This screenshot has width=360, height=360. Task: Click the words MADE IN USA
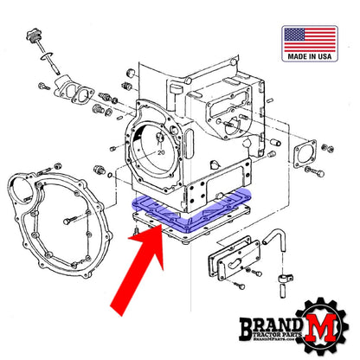coord(309,57)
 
